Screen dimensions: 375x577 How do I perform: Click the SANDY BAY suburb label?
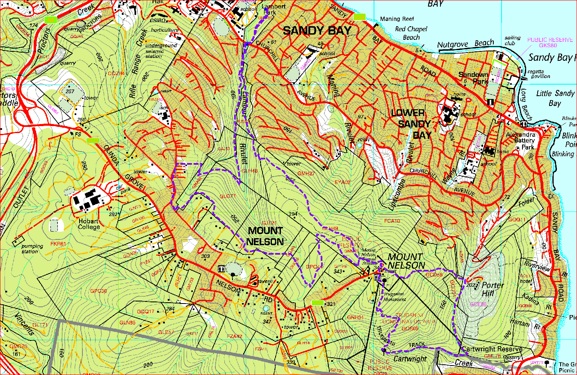pyautogui.click(x=317, y=31)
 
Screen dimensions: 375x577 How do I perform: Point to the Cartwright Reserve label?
pyautogui.click(x=492, y=349)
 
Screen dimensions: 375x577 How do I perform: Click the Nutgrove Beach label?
pyautogui.click(x=465, y=44)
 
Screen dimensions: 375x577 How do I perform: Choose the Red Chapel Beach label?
pyautogui.click(x=411, y=33)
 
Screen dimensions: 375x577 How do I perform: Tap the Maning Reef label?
pyautogui.click(x=397, y=19)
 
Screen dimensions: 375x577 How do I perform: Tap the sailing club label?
pyautogui.click(x=512, y=40)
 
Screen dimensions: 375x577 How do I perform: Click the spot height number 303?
pyautogui.click(x=205, y=256)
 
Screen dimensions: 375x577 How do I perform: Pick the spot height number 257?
pyautogui.click(x=70, y=91)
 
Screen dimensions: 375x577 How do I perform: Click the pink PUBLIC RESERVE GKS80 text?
pyautogui.click(x=550, y=43)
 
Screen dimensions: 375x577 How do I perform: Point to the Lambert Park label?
pyautogui.click(x=273, y=9)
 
